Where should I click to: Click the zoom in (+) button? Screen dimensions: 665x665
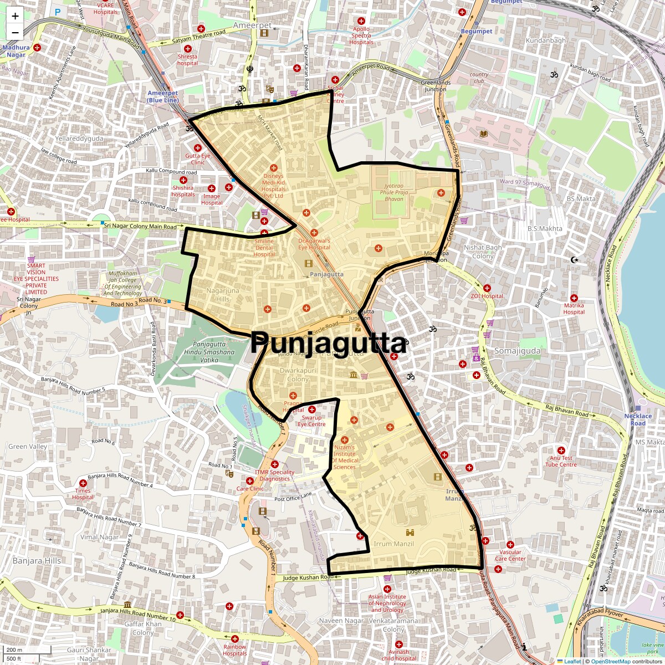pos(15,16)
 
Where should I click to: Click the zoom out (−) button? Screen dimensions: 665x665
pos(15,32)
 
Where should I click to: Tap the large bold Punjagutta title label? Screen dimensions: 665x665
pos(329,343)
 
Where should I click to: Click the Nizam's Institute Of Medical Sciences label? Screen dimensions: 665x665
pos(345,457)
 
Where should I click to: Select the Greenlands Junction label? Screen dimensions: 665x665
pos(436,86)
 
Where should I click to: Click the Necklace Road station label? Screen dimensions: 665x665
pos(638,420)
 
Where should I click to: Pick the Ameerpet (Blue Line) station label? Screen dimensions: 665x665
pos(163,96)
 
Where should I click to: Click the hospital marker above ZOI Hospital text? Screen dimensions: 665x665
pos(487,288)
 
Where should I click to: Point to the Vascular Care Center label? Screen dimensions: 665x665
pos(510,555)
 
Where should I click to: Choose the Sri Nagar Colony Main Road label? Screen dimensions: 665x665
pos(140,226)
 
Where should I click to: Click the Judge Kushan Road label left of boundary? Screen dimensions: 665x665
pos(308,577)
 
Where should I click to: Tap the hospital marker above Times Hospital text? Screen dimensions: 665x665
pos(83,483)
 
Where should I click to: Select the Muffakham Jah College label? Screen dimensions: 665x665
pos(122,283)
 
